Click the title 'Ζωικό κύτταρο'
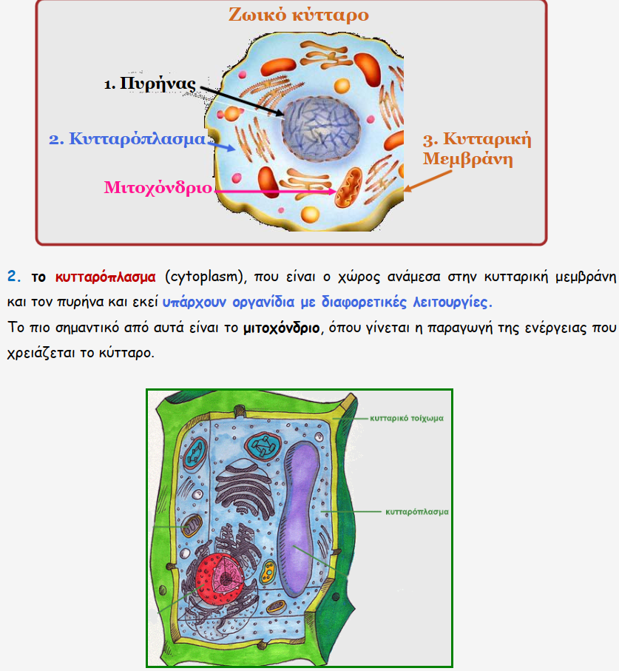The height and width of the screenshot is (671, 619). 298,16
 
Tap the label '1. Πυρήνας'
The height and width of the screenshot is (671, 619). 149,84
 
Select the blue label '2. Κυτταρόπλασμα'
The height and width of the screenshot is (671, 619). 127,139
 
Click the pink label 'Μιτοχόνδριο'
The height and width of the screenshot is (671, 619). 158,187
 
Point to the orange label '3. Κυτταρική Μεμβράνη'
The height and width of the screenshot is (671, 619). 477,149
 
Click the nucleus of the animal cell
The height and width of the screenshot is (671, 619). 320,128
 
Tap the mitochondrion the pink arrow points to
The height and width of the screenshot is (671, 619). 348,188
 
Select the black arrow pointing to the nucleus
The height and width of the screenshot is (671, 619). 242,101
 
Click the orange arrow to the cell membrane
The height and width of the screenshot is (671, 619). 427,181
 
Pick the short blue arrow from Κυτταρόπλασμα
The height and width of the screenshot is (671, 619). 222,146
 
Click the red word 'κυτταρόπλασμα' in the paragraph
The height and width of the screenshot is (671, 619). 105,277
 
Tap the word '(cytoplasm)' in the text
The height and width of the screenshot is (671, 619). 206,277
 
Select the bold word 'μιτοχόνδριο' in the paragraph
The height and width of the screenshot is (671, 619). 281,328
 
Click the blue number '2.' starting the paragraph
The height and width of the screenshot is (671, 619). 14,277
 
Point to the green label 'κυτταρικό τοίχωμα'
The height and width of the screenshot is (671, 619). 407,418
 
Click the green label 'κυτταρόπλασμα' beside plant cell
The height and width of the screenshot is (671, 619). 417,511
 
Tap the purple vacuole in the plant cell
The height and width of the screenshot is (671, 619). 299,518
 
